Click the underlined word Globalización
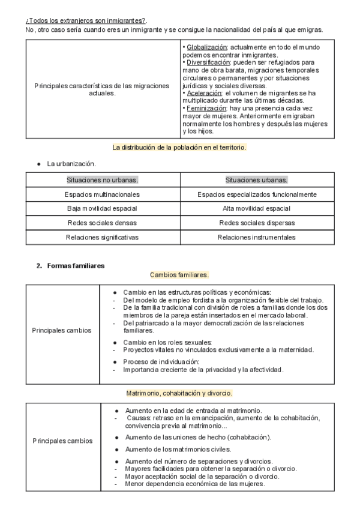click(206, 47)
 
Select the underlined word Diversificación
click(208, 62)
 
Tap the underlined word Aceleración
click(205, 93)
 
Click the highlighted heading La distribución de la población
click(179, 147)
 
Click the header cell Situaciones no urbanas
click(102, 179)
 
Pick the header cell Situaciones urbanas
click(256, 179)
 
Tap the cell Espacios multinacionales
click(102, 194)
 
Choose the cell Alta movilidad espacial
click(256, 208)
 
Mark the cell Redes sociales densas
click(102, 223)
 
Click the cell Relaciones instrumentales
click(256, 237)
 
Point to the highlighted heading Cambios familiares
click(179, 274)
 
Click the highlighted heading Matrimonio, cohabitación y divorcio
click(179, 393)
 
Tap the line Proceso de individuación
click(160, 362)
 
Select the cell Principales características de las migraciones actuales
click(102, 89)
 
